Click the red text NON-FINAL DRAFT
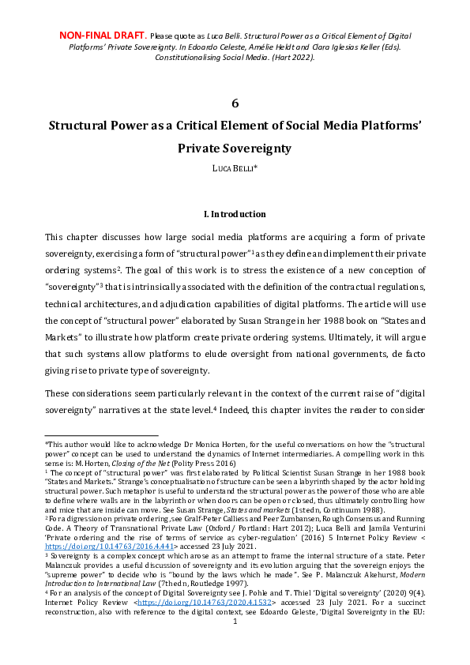point(103,36)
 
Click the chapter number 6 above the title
point(235,103)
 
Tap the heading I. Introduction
point(235,214)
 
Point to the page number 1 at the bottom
point(235,644)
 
